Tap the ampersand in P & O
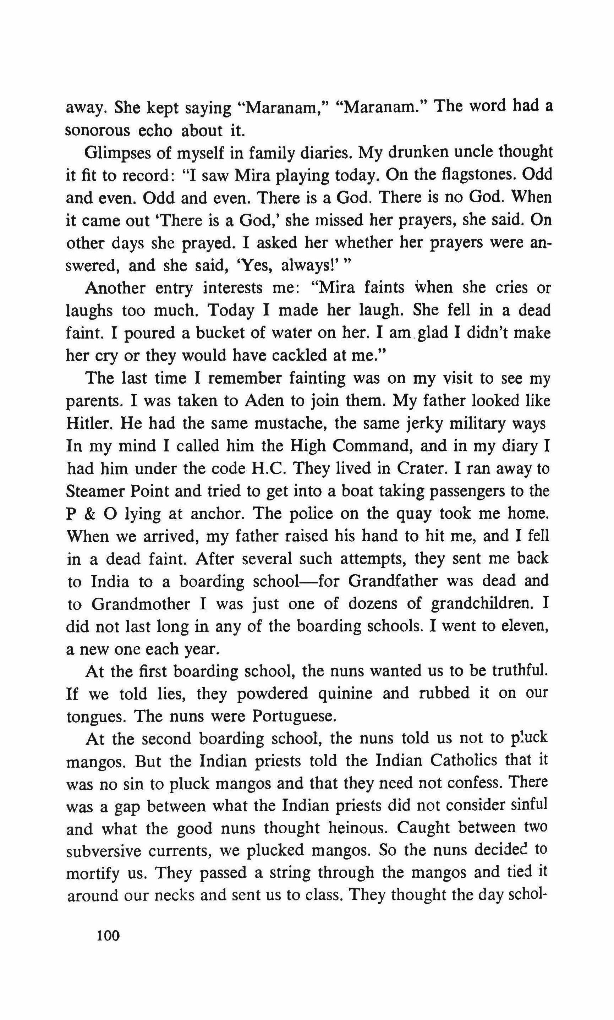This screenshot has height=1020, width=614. [x=94, y=514]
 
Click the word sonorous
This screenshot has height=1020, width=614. [x=97, y=131]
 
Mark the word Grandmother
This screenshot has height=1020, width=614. [x=141, y=604]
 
